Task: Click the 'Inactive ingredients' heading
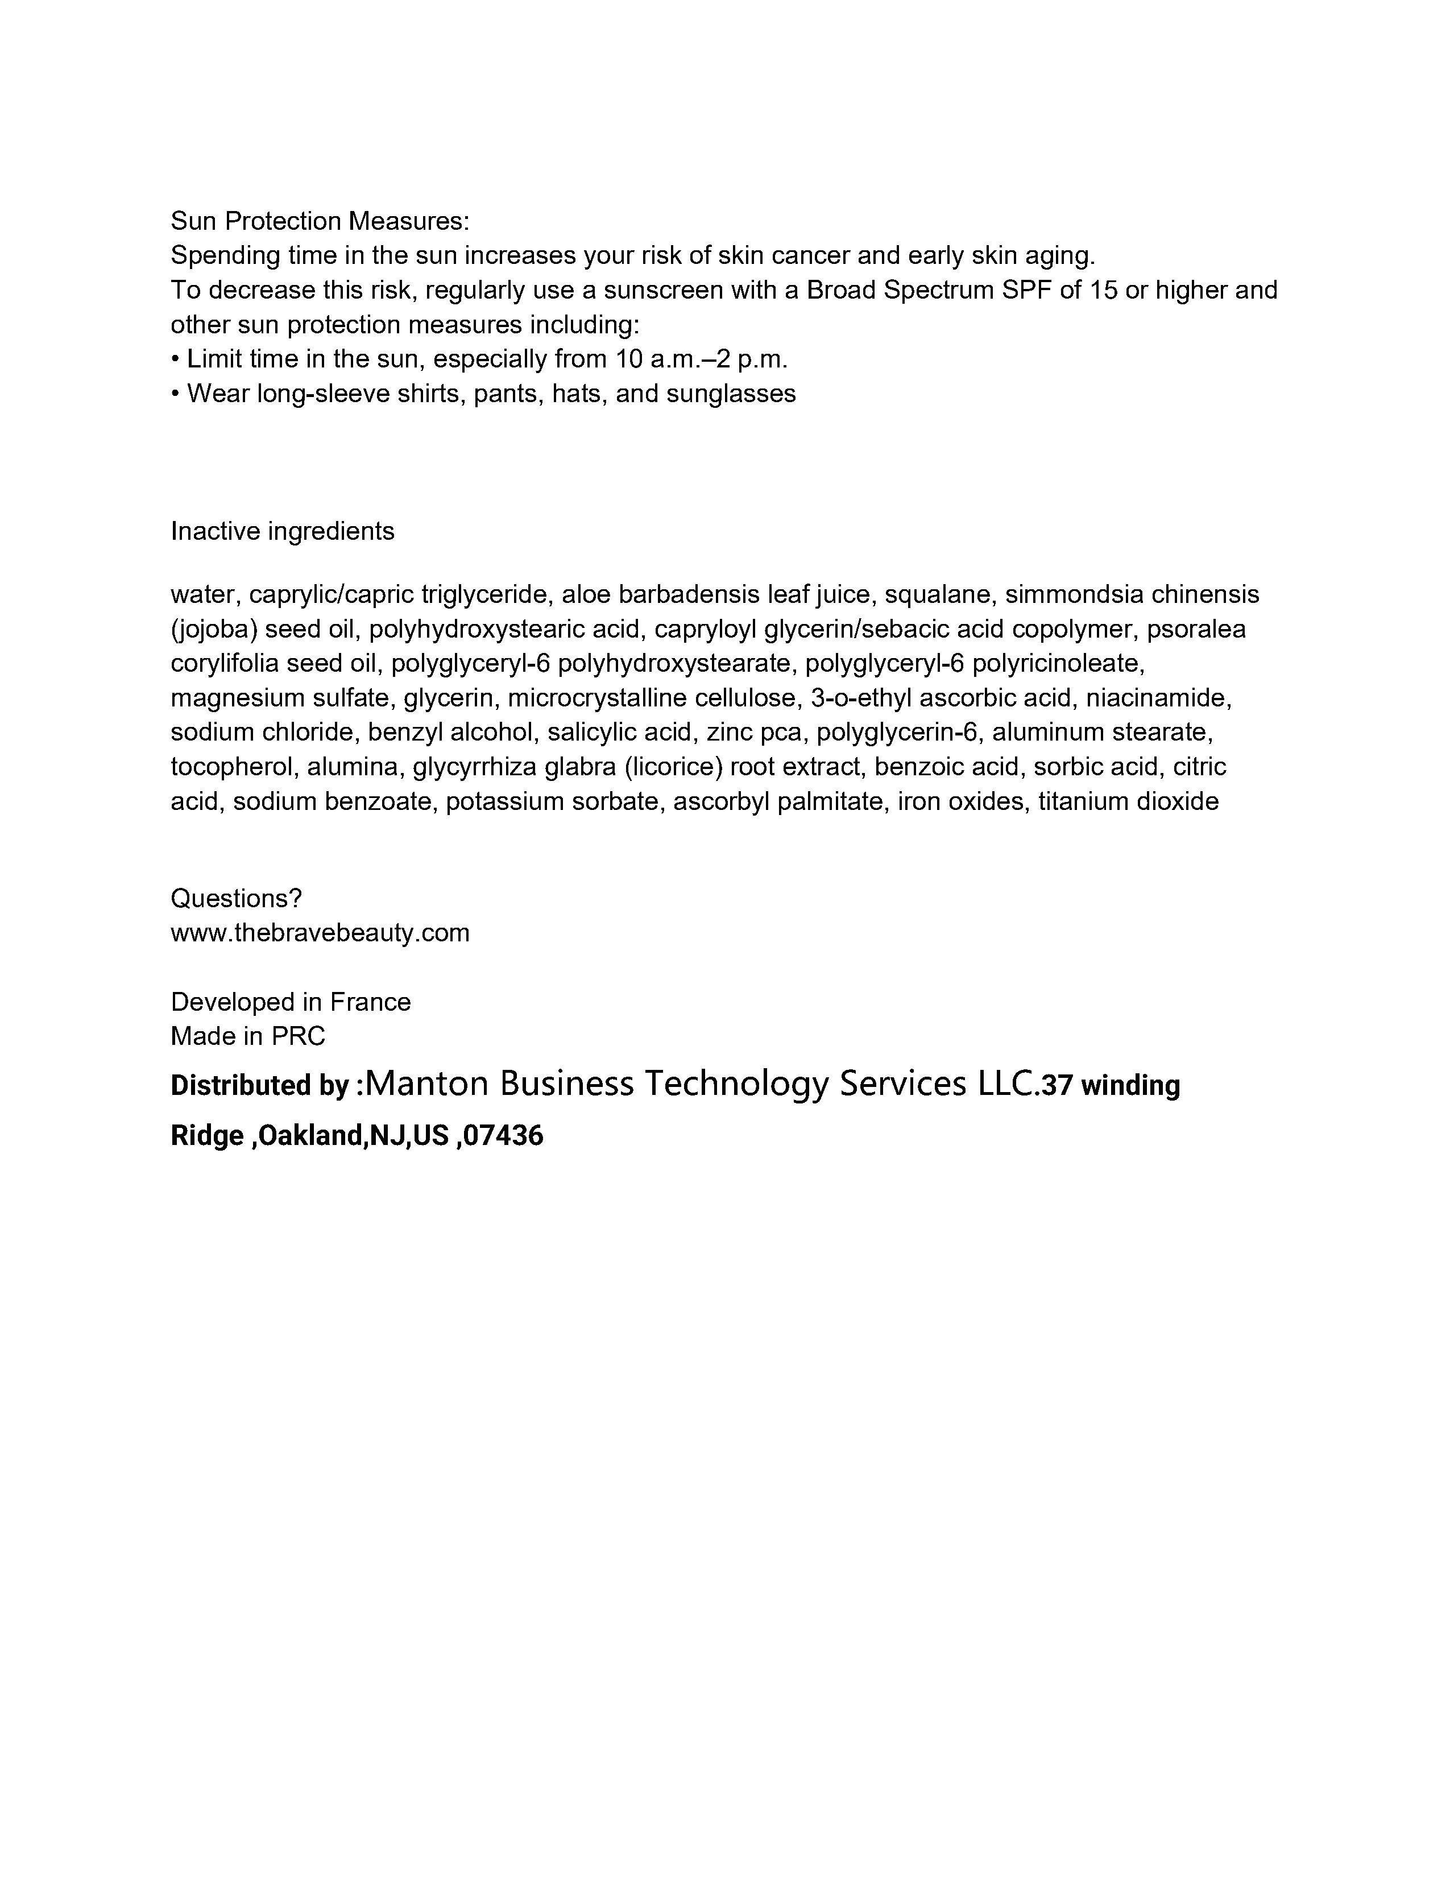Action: (283, 531)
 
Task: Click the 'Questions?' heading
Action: (236, 898)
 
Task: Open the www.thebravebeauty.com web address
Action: (320, 933)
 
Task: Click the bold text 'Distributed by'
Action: (259, 1085)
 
